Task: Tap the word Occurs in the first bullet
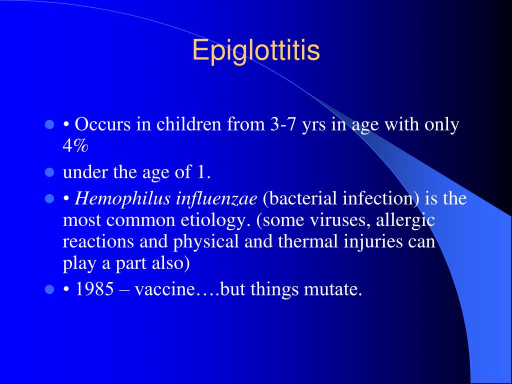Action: coord(102,124)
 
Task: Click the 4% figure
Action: coord(75,146)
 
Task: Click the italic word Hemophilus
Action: coord(122,198)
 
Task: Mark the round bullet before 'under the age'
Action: coord(49,172)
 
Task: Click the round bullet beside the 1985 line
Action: coord(49,289)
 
